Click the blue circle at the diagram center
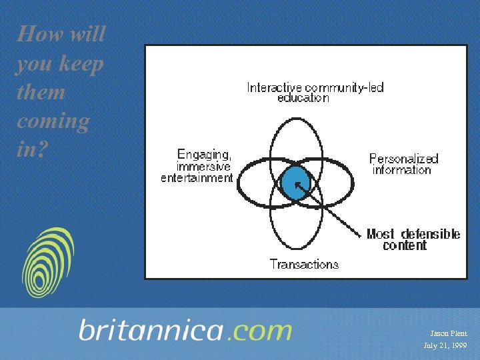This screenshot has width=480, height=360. tap(295, 181)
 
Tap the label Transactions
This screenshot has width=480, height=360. tap(304, 264)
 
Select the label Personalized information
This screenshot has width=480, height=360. tap(403, 164)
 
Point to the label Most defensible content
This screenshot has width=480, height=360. tap(413, 239)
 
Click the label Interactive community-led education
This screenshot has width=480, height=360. tap(315, 92)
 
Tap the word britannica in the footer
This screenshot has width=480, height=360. tap(151, 331)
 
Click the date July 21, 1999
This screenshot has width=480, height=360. tap(445, 345)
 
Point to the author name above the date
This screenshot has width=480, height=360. tap(448, 333)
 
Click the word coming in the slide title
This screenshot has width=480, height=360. tap(53, 122)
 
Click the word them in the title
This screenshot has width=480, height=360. tap(41, 93)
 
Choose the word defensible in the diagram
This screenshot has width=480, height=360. tap(431, 234)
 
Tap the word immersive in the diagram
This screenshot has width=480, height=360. tap(203, 166)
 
